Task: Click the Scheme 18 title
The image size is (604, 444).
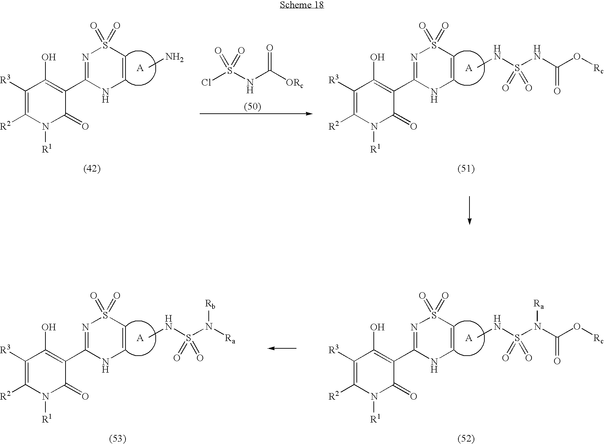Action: point(302,5)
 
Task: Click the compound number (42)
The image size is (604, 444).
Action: point(92,169)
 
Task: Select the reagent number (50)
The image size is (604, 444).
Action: point(252,106)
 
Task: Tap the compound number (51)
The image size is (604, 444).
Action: point(466,169)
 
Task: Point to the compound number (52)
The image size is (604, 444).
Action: point(466,439)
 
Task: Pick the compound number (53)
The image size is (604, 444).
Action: point(117,439)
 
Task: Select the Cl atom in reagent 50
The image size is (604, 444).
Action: point(207,82)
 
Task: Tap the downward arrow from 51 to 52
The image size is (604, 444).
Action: point(469,210)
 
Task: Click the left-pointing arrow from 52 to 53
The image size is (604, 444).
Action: point(282,348)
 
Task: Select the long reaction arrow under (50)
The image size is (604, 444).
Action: point(256,114)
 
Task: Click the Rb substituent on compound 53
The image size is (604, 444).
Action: point(209,305)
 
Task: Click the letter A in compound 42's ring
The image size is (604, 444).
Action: point(140,68)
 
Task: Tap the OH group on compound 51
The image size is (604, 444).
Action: point(378,57)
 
